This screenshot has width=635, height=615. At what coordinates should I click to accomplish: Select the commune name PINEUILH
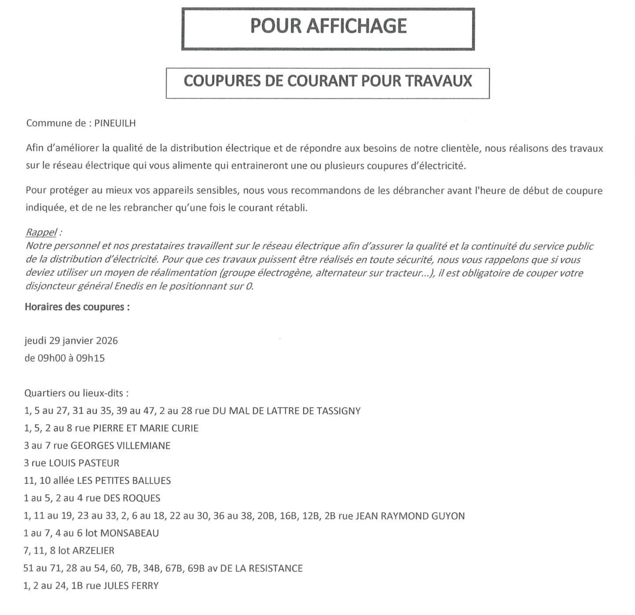tap(115, 123)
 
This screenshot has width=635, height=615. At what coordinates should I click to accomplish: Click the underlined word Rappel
tap(41, 232)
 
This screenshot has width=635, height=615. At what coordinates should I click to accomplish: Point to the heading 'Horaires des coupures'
tap(77, 307)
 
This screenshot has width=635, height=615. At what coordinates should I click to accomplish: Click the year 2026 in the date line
tap(107, 341)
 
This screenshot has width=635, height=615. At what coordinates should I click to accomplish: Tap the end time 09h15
tap(90, 358)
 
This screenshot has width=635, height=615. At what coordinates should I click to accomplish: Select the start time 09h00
tap(52, 358)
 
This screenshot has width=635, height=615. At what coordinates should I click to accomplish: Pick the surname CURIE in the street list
tap(185, 428)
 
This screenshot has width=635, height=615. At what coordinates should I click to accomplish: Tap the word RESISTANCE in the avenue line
tap(275, 568)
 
